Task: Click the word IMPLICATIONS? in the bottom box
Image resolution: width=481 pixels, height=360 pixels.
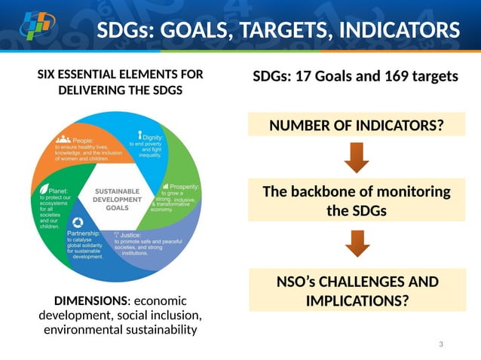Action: pyautogui.click(x=357, y=301)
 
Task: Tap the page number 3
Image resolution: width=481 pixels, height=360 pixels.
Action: pyautogui.click(x=441, y=344)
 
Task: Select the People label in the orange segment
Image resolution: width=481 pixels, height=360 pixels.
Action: pyautogui.click(x=83, y=140)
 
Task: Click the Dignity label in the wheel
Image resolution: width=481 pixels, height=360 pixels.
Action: pyautogui.click(x=155, y=137)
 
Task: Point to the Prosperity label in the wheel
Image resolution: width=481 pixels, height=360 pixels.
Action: pyautogui.click(x=184, y=186)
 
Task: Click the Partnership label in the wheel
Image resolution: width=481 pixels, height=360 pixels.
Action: pyautogui.click(x=84, y=233)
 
